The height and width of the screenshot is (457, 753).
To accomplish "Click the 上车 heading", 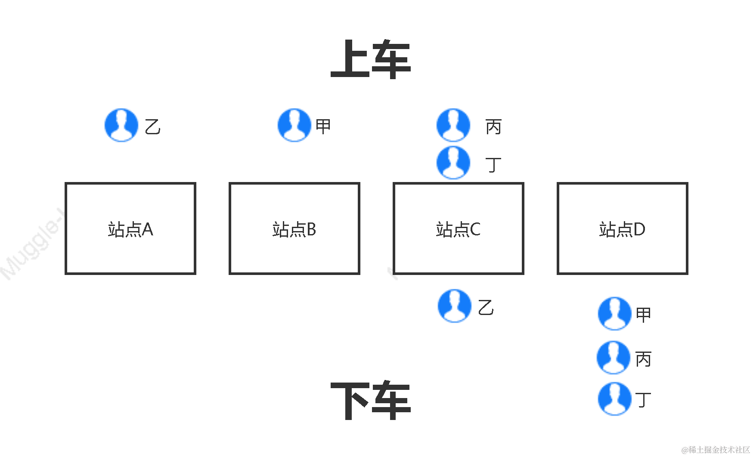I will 371,59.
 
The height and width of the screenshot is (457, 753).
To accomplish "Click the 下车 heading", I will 371,401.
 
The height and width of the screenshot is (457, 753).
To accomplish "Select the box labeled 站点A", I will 130,228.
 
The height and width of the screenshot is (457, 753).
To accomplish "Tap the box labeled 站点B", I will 294,228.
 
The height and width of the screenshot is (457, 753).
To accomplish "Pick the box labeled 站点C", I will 459,228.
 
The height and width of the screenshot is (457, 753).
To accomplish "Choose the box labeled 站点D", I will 623,228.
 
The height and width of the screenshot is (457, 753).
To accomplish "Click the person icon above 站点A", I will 122,125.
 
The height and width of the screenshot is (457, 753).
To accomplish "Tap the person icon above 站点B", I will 294,125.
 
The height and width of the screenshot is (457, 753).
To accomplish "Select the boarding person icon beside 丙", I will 453,125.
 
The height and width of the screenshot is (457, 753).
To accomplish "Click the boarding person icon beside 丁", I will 453,163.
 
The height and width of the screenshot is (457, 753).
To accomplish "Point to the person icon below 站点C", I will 455,306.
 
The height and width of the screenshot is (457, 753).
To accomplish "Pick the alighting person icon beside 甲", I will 615,314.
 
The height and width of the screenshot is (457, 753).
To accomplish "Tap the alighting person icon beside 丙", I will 614,358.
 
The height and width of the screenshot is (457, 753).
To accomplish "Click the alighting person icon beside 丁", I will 615,399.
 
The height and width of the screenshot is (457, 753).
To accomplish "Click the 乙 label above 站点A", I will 152,127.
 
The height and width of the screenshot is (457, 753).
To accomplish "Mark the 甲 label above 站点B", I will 323,126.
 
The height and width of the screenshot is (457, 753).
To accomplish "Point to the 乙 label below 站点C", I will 486,308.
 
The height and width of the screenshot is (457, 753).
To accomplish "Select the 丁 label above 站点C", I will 493,165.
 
